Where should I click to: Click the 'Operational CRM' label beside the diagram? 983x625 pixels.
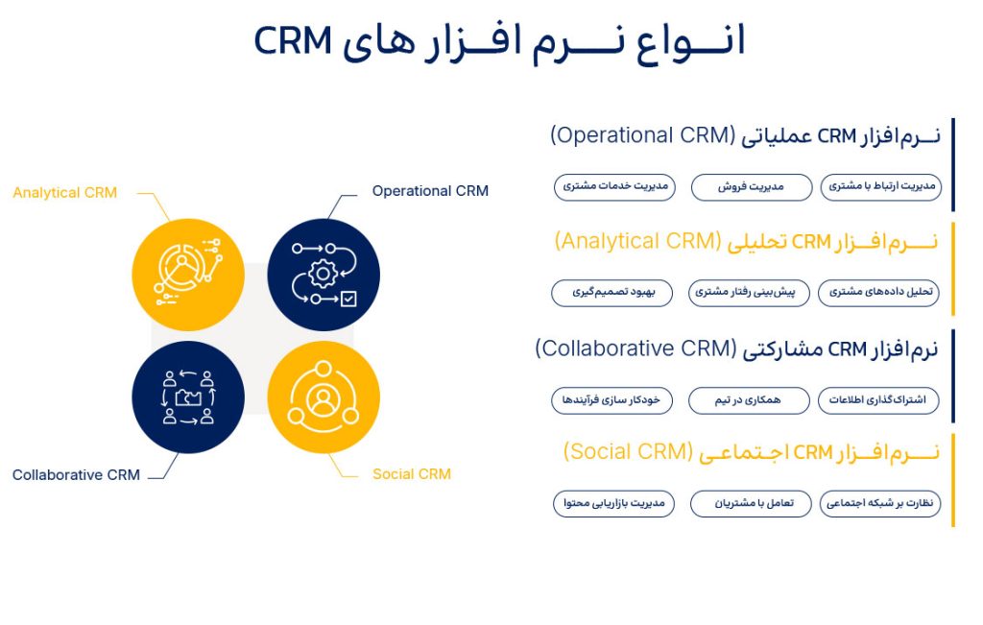430,190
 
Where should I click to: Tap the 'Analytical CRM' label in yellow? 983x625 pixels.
64,192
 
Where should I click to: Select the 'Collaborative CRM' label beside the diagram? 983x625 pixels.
76,474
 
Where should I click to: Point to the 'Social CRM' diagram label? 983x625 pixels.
411,474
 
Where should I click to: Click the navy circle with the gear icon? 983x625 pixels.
324,275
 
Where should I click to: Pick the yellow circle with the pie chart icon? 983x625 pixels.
188,275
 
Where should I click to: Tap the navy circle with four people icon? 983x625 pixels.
188,397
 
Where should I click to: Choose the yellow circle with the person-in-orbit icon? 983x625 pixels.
324,397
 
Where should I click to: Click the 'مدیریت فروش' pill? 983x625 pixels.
751,187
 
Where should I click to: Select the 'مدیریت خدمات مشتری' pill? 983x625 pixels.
614,187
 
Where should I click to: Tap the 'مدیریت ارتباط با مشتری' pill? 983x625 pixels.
881,187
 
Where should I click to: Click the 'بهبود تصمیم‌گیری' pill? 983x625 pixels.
611,293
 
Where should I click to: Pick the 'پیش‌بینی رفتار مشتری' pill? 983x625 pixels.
749,293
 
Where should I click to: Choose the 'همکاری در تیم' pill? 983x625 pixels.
749,400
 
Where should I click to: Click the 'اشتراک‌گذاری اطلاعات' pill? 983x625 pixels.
878,400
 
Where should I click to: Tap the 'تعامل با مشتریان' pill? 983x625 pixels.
751,503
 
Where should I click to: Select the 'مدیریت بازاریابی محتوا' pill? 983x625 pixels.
613,503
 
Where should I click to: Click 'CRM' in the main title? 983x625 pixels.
293,41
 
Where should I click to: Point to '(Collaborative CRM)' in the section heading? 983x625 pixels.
635,349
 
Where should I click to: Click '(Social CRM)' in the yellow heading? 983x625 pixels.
628,451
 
